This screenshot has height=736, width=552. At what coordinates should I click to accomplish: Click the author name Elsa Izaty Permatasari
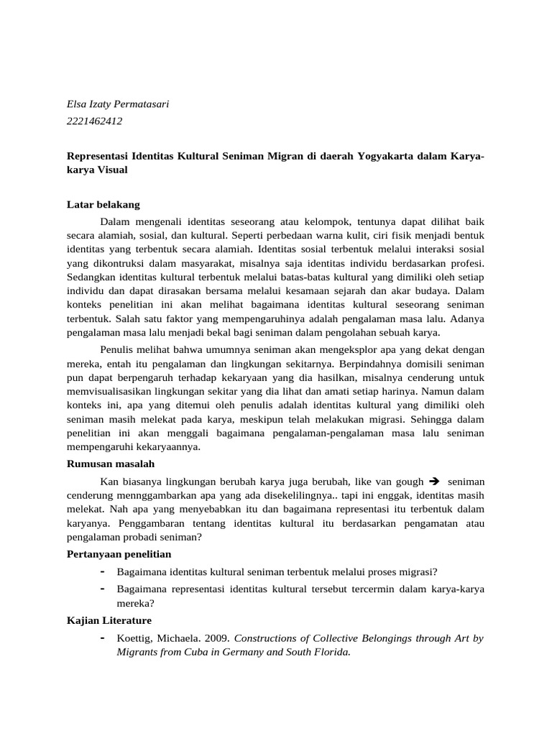[117, 104]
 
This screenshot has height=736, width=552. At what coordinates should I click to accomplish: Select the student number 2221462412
[94, 121]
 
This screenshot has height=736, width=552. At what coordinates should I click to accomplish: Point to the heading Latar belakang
[103, 204]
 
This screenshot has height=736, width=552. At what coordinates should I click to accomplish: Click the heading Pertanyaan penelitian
[119, 555]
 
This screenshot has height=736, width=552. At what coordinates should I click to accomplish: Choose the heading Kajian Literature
[109, 620]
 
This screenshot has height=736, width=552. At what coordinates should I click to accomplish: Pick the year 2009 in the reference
[216, 638]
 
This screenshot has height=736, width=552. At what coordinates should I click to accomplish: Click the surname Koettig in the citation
[136, 638]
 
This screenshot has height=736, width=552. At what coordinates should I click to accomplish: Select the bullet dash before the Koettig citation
[104, 638]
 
